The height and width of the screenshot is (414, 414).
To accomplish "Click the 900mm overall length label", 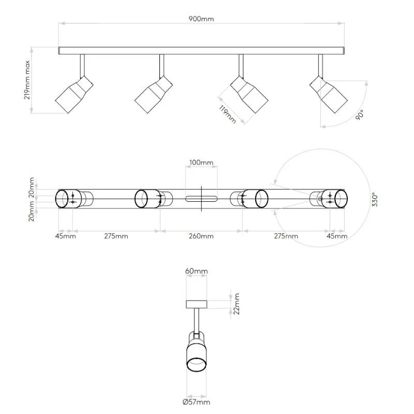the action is pyautogui.click(x=201, y=19).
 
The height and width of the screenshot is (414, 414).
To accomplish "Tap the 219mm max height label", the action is pyautogui.click(x=27, y=80).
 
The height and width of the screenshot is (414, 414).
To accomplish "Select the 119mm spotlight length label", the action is pyautogui.click(x=227, y=114).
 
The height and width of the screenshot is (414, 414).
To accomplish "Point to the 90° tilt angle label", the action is pyautogui.click(x=360, y=115).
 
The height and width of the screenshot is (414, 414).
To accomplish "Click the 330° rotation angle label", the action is pyautogui.click(x=375, y=200).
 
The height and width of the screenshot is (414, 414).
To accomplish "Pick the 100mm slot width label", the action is pyautogui.click(x=201, y=162).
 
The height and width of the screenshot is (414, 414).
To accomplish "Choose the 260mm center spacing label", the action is pyautogui.click(x=201, y=236).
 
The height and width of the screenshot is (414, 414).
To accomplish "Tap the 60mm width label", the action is pyautogui.click(x=197, y=271).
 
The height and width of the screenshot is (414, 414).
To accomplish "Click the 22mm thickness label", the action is pyautogui.click(x=236, y=304).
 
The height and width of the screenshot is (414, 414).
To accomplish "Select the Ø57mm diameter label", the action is pyautogui.click(x=197, y=402).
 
